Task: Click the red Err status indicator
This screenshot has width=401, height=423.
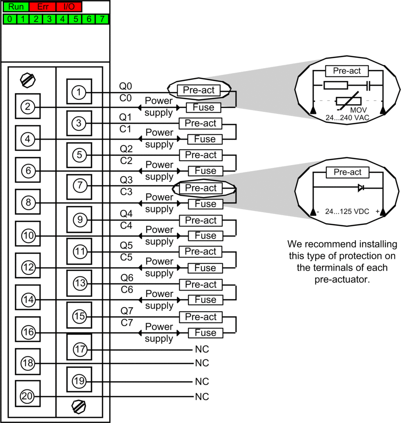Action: (43, 7)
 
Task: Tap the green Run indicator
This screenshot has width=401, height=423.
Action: (16, 7)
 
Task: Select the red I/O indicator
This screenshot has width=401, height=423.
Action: (69, 7)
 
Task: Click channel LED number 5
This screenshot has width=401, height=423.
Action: (76, 19)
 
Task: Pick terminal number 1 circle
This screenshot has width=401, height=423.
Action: (79, 92)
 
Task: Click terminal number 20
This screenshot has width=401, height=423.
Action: (27, 396)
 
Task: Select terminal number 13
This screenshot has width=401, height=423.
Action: (80, 283)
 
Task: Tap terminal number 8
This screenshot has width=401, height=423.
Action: (28, 202)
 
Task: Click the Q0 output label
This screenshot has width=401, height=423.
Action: (125, 86)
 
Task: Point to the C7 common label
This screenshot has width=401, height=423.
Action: (127, 322)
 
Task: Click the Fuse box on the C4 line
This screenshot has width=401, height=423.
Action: (205, 235)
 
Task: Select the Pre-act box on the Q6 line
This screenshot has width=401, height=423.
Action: (201, 284)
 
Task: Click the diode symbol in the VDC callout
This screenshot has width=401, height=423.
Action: (361, 188)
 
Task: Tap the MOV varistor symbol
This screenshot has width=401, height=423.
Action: (348, 101)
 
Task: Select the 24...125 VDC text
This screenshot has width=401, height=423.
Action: (347, 211)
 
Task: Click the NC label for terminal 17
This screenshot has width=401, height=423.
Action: (202, 349)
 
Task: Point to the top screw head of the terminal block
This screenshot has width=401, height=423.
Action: (28, 80)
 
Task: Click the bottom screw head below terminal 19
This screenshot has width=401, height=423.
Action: (79, 407)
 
